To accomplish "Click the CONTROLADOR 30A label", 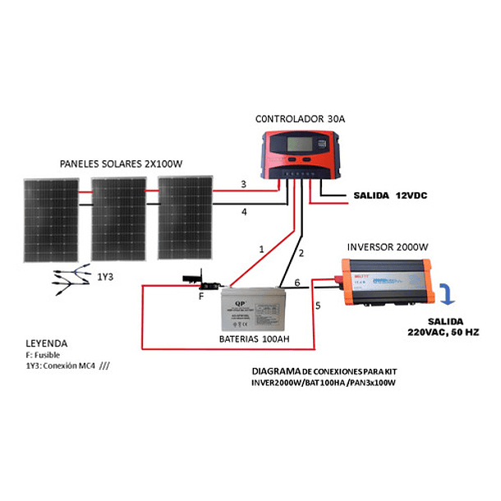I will pos(299,119).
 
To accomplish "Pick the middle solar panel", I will pos(117,220).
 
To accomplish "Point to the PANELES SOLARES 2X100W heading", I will pos(121,164).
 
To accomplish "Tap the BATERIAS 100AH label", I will pos(254,338).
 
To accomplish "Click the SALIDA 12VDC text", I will pos(389,195).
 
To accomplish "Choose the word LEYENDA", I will pos(46,342).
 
